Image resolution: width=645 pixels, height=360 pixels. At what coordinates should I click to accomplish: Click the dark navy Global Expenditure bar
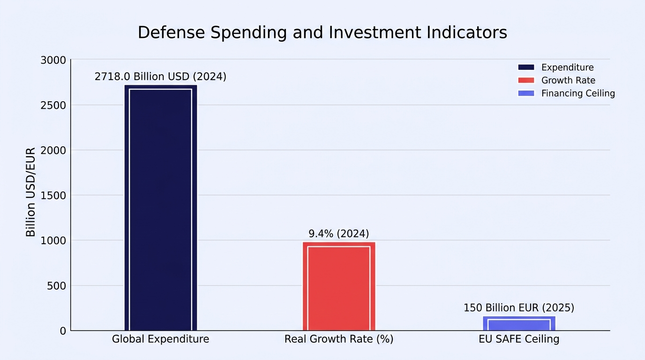tap(161, 208)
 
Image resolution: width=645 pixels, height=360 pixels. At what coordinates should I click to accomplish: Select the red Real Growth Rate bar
tap(339, 286)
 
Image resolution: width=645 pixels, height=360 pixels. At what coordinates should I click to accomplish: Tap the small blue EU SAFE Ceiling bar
tap(519, 323)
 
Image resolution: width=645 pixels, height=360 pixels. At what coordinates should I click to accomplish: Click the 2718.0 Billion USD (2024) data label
tap(160, 76)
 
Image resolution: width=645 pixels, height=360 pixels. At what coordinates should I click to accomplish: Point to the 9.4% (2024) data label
tap(338, 233)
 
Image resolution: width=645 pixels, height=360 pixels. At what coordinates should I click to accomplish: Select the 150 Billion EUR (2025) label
tap(519, 308)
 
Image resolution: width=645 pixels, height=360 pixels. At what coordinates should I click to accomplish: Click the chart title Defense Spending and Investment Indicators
tap(322, 32)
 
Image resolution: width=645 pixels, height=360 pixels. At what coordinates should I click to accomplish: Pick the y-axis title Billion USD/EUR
tap(30, 192)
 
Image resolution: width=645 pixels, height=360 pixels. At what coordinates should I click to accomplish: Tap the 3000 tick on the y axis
tap(53, 60)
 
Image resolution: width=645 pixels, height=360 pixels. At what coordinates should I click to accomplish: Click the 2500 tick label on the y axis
tap(53, 105)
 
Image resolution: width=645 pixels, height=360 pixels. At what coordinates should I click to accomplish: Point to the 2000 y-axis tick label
tap(53, 150)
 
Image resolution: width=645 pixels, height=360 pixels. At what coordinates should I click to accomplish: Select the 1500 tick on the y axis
tap(53, 196)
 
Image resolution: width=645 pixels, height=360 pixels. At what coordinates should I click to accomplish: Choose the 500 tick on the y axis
tap(56, 286)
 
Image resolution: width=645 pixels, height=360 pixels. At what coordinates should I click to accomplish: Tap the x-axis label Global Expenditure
tap(160, 339)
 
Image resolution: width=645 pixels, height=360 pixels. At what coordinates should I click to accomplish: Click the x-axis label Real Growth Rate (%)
tap(339, 339)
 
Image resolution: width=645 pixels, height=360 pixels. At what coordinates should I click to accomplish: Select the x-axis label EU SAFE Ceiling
tap(519, 339)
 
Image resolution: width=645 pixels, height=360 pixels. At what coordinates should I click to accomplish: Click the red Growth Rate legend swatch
tap(526, 80)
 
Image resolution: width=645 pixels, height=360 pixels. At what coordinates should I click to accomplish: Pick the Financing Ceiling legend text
tap(578, 93)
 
